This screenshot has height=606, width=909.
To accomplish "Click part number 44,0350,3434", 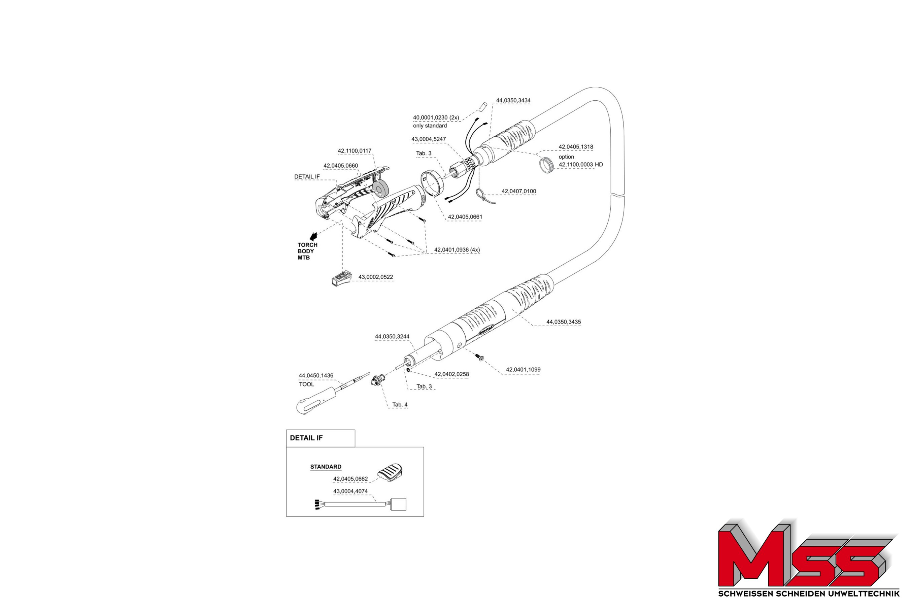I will (x=513, y=100).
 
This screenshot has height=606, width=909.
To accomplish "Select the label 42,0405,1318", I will (x=575, y=147).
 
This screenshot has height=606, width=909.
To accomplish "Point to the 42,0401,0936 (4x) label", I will (x=457, y=250).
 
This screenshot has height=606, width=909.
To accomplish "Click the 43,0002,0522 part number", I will (x=375, y=277).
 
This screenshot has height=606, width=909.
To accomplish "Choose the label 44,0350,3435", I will (x=563, y=322).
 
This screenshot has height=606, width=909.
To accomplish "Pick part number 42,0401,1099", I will (x=523, y=369).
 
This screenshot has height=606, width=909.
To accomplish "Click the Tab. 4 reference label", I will (x=400, y=405).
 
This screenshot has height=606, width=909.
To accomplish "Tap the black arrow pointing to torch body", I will (x=313, y=237).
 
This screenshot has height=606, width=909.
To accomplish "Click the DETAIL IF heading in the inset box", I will (x=306, y=438).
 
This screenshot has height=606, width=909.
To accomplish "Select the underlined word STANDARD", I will (x=326, y=467).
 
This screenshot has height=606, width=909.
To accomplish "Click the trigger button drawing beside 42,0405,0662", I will (x=390, y=472).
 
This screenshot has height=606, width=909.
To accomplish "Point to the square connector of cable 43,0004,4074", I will (x=398, y=504).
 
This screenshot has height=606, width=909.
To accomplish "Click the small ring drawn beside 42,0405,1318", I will (x=546, y=165).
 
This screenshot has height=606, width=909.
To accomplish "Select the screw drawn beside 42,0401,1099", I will (x=480, y=358).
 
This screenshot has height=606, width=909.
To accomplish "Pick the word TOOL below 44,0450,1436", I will (x=306, y=384).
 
